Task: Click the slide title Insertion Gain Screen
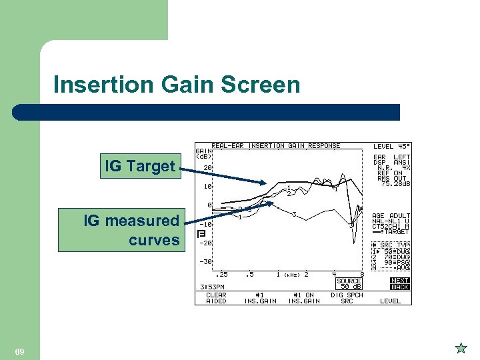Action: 177,85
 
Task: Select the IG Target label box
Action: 139,166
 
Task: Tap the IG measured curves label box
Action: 131,230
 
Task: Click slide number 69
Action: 19,351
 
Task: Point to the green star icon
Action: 460,348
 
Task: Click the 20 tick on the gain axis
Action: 207,167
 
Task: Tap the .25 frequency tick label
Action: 221,274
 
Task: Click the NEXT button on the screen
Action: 400,281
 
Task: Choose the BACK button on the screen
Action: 400,287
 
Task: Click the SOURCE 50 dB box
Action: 349,284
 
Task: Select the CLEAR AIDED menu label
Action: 216,298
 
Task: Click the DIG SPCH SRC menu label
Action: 347,298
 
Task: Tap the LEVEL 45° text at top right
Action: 392,146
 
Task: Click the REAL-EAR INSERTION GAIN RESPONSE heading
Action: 275,145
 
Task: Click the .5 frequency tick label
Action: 249,274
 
